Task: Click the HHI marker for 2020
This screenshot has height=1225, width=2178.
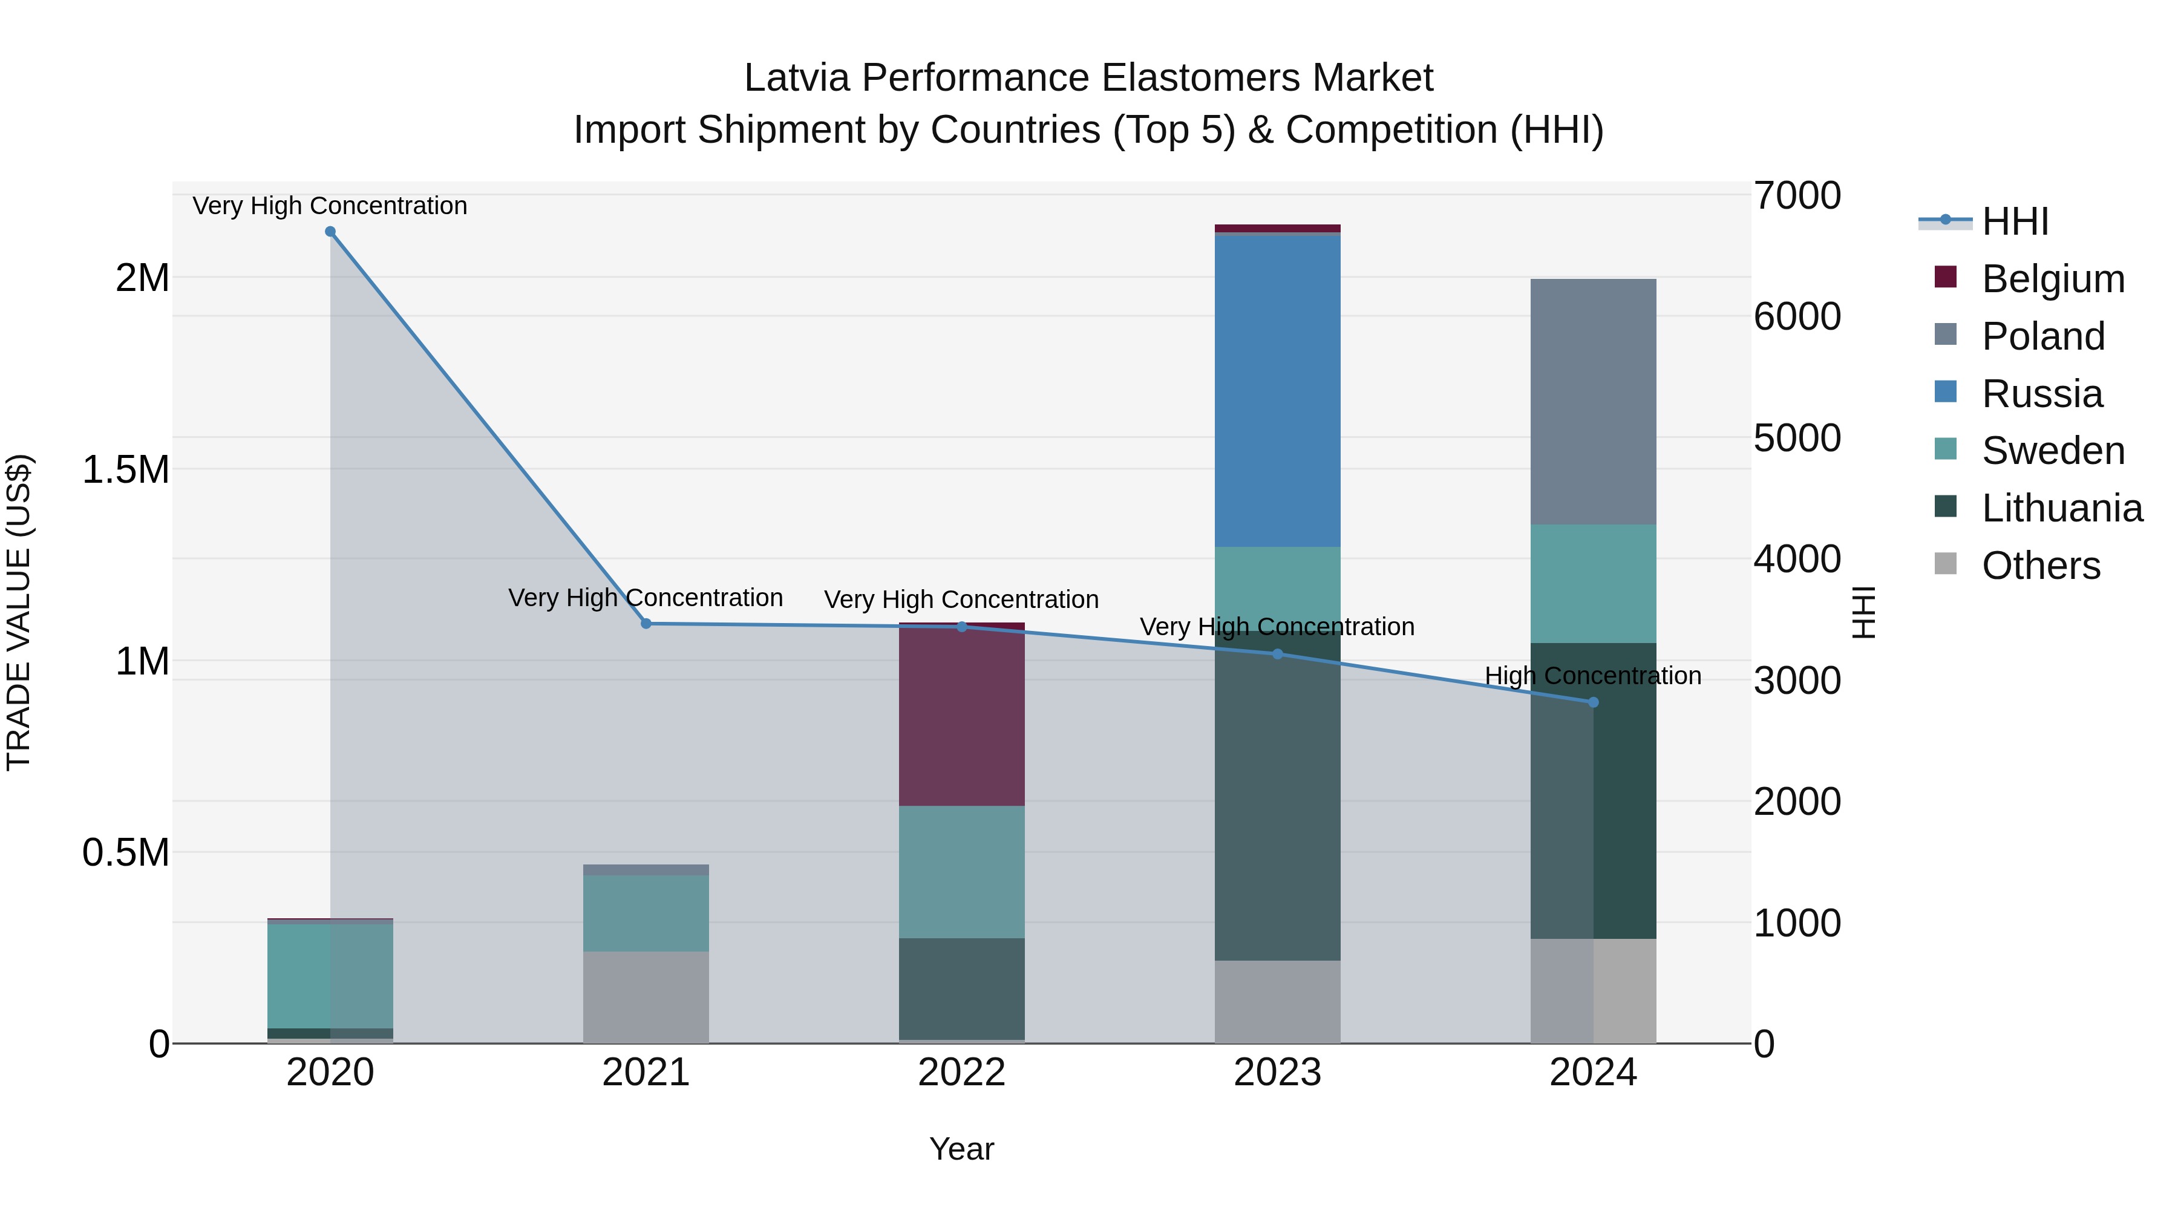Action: point(330,232)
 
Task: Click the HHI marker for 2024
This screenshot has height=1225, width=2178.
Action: point(1593,702)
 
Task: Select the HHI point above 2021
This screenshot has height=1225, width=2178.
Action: point(646,624)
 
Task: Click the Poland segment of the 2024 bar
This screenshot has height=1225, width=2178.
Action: point(1593,402)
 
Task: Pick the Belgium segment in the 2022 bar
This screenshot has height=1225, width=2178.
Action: point(961,715)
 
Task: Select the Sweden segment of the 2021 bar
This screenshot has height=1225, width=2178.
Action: point(646,913)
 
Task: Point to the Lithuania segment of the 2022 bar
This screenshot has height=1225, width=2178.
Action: point(961,988)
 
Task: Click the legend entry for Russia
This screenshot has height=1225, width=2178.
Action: point(2041,394)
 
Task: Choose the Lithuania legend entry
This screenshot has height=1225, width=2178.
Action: point(2061,508)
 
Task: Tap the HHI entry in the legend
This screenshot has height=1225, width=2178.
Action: point(2014,221)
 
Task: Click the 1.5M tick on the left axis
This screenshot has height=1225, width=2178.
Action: point(125,469)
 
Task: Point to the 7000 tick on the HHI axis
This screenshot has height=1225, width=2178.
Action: point(1797,195)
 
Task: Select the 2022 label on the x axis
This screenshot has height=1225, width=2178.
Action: point(961,1073)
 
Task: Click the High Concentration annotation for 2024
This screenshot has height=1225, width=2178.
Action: point(1593,676)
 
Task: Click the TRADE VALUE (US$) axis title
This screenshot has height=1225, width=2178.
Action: point(19,612)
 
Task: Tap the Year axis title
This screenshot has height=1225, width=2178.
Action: point(961,1149)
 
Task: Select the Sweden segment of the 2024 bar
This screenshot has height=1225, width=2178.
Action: point(1593,583)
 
